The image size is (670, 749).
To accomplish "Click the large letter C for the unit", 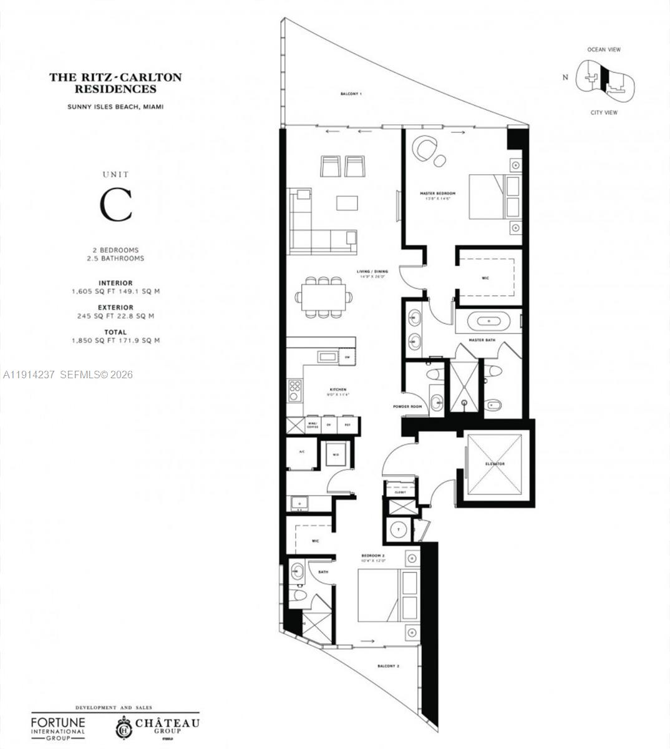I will tap(117, 205).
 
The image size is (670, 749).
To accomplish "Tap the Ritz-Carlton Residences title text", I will tap(115, 83).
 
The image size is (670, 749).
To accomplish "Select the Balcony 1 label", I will tap(351, 94).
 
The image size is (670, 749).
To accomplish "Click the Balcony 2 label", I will tap(388, 666).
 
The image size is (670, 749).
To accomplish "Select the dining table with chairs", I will tap(323, 297).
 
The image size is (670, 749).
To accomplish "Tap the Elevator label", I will tap(495, 464).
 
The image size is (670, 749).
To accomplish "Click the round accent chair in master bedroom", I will tap(427, 149).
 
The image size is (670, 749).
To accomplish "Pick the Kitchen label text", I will tap(337, 389).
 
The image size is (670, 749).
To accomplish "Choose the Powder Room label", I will tap(407, 406).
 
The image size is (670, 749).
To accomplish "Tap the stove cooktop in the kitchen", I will tap(294, 391).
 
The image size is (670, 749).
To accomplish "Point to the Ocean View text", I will tap(604, 49).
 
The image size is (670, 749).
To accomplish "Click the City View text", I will tap(604, 112).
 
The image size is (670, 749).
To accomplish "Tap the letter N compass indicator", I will tap(565, 77).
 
